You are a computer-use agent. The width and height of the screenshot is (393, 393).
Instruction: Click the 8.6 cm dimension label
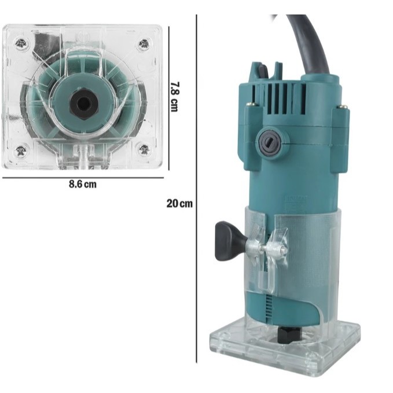(x=82, y=184)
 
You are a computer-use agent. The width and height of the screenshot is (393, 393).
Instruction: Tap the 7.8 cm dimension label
(x=174, y=97)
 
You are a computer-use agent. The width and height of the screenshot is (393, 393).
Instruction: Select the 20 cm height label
(x=179, y=203)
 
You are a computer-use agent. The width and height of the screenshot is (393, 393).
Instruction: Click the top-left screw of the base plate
(x=21, y=43)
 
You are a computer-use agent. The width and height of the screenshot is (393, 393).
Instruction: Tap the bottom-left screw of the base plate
(x=21, y=150)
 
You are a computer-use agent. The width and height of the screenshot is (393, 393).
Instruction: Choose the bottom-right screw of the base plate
(x=144, y=150)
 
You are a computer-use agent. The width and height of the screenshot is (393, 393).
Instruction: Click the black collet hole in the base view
(x=85, y=103)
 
